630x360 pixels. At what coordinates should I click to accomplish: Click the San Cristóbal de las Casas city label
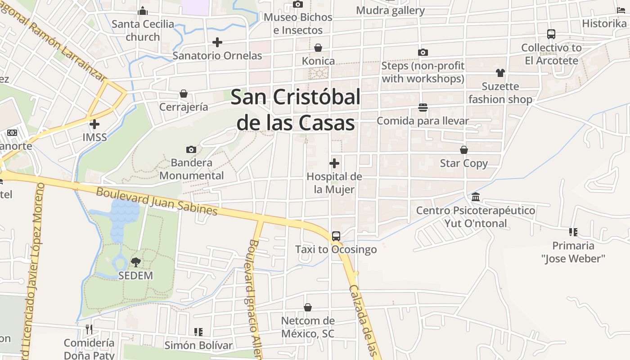[x=296, y=110]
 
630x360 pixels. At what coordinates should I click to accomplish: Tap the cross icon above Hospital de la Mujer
[x=334, y=163]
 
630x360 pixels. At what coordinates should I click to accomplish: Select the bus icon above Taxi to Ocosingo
[x=336, y=236]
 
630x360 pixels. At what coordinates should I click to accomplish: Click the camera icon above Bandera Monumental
[x=191, y=149]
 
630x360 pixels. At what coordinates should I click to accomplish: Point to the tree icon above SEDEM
[x=135, y=262]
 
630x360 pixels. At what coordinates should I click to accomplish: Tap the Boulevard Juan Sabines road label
[x=157, y=201]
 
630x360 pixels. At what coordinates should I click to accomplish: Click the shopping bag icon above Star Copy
[x=464, y=150]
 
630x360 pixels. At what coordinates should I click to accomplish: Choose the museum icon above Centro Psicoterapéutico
[x=476, y=197]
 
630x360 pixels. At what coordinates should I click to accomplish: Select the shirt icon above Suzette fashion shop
[x=500, y=73]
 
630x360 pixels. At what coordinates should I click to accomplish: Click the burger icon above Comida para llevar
[x=423, y=108]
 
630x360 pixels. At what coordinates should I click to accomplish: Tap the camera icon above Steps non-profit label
[x=423, y=53]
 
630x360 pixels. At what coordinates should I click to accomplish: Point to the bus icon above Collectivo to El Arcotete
[x=551, y=34]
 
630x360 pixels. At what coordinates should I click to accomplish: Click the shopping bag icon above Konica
[x=318, y=48]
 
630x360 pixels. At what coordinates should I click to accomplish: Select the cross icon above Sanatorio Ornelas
[x=217, y=42]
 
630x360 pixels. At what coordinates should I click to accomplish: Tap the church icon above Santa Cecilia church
[x=143, y=11]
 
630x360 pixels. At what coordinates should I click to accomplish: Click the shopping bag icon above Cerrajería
[x=184, y=94]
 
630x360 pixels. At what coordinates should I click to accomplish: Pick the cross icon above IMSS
[x=94, y=124]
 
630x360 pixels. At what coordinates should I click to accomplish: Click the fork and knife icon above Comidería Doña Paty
[x=89, y=329]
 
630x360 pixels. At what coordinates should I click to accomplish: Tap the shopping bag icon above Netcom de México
[x=308, y=307]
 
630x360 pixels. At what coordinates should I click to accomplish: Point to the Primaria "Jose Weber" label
[x=573, y=252]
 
